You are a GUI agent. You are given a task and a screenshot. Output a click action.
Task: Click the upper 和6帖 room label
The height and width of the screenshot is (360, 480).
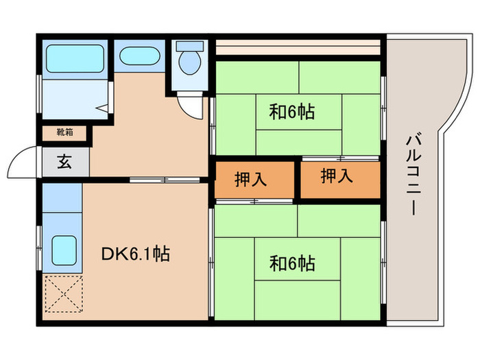point(291,112)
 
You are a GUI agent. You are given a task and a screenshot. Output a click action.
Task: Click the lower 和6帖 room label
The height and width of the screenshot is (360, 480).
point(291,263)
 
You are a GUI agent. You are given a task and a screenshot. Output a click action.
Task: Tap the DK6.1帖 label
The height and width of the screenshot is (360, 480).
point(136,255)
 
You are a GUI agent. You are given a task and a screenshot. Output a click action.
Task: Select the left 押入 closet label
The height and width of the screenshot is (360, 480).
point(251,180)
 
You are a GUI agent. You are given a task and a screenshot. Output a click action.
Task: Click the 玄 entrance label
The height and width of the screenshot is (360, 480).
point(63,163)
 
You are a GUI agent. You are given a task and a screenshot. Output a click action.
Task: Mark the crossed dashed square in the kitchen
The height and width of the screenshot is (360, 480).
point(63,294)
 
